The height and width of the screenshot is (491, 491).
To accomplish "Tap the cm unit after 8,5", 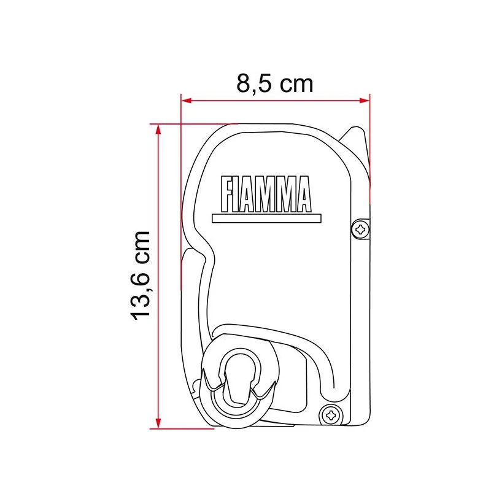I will click(x=296, y=84).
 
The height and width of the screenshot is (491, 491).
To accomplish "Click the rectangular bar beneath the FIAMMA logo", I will click(x=266, y=218).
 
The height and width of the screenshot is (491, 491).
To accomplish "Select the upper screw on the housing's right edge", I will click(x=360, y=230).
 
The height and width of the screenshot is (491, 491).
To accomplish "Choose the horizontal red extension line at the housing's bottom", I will click(x=184, y=428).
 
